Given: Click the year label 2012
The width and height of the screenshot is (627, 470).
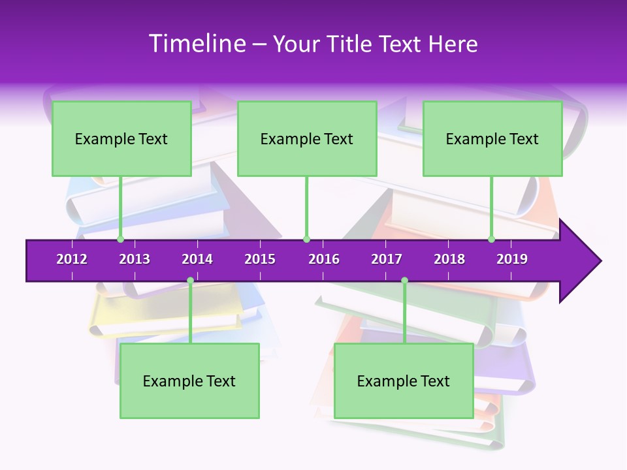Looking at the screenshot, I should pyautogui.click(x=72, y=259).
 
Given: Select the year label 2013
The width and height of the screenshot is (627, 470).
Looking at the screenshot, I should pyautogui.click(x=135, y=259).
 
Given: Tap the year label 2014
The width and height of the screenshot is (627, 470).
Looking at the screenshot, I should pyautogui.click(x=197, y=259).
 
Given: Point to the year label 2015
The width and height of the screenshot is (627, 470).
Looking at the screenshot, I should pyautogui.click(x=260, y=259).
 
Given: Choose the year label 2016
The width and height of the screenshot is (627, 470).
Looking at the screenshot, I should pyautogui.click(x=324, y=259).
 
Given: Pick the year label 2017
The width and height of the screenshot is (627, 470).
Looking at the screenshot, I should pyautogui.click(x=387, y=259).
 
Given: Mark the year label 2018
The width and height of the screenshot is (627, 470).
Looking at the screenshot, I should pyautogui.click(x=449, y=259).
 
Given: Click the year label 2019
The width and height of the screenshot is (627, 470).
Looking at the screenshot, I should pyautogui.click(x=512, y=259).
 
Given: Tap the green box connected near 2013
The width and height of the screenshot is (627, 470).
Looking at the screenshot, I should pyautogui.click(x=121, y=138).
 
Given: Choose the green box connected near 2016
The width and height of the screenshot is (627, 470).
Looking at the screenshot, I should pyautogui.click(x=307, y=138).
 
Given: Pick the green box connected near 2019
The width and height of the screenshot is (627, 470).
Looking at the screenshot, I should pyautogui.click(x=492, y=138).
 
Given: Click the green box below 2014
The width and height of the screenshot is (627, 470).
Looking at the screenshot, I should pyautogui.click(x=189, y=381).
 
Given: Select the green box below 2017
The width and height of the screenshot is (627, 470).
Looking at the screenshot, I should pyautogui.click(x=404, y=381).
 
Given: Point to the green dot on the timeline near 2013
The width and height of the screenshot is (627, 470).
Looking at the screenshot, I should pyautogui.click(x=120, y=240).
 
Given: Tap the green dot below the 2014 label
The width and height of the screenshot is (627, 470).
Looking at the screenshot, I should pyautogui.click(x=190, y=281).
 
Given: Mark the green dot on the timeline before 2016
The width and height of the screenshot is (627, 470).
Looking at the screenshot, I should pyautogui.click(x=306, y=240).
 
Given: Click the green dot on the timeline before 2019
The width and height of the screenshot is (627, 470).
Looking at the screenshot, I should pyautogui.click(x=491, y=240).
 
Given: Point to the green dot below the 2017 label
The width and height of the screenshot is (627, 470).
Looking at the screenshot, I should pyautogui.click(x=404, y=281).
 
